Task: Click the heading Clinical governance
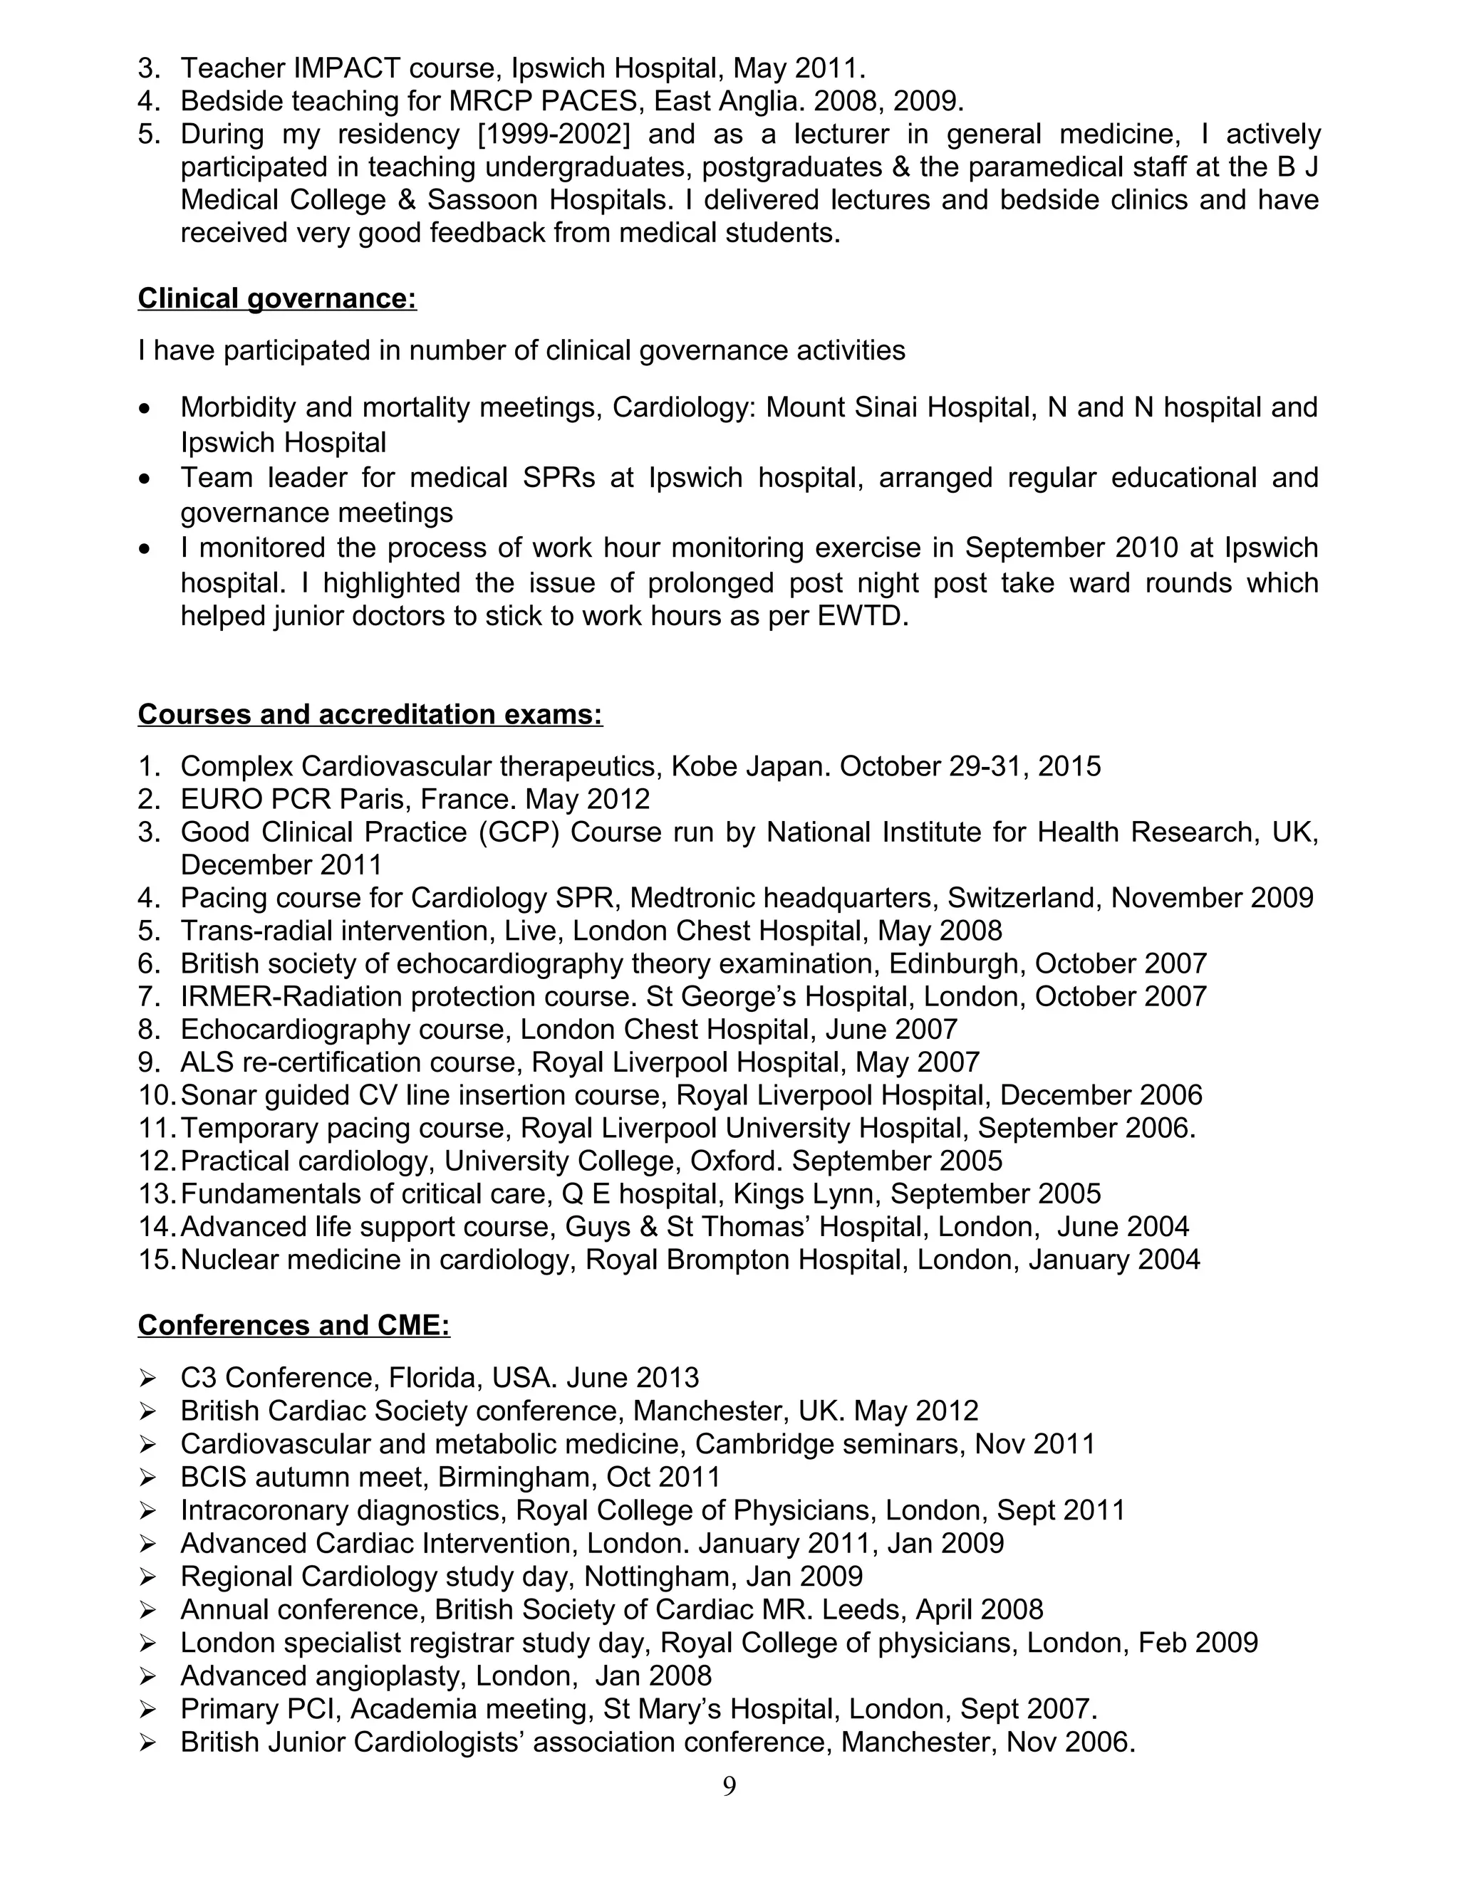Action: (276, 298)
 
